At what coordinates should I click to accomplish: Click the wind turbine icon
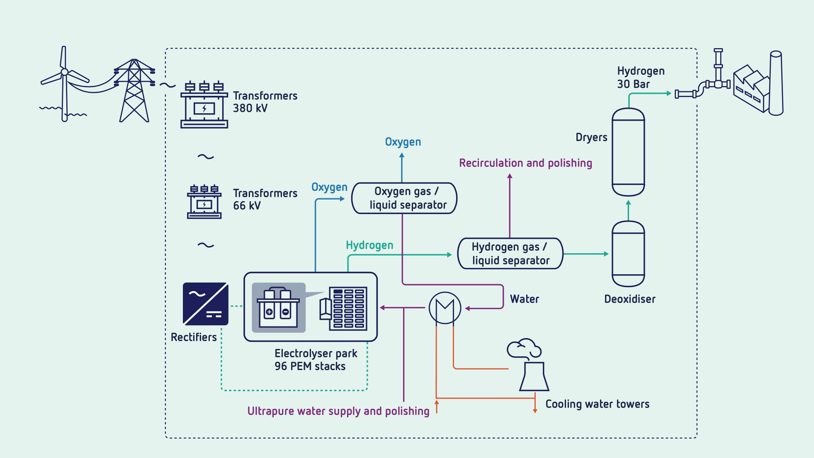point(64,83)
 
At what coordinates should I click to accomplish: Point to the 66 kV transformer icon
point(204,202)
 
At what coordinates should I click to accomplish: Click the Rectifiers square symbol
point(206,304)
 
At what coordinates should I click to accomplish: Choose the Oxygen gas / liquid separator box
point(404,198)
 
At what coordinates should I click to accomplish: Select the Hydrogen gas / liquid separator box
point(510,253)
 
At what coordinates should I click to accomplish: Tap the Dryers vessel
point(628,152)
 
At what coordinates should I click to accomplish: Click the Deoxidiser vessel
point(628,254)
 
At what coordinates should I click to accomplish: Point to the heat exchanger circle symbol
point(445,308)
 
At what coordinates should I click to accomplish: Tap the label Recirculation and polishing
point(525,163)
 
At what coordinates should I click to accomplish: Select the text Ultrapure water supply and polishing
point(338,411)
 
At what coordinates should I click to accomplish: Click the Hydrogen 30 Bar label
point(641,78)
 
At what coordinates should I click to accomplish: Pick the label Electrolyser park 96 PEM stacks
point(316,360)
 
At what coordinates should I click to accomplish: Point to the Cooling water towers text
point(597,404)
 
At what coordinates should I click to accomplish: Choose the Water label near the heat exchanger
point(525,299)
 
